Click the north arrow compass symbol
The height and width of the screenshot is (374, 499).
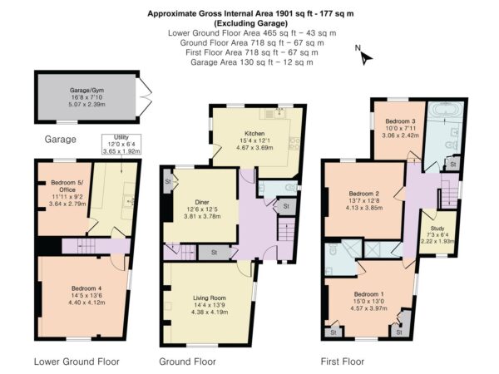(x=364, y=56)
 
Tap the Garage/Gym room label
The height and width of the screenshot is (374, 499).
(x=86, y=97)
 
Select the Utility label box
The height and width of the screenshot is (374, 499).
(x=121, y=145)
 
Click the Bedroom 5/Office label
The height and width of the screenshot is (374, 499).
(x=67, y=194)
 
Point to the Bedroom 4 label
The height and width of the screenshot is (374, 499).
(x=86, y=295)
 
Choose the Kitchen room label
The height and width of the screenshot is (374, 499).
(x=254, y=140)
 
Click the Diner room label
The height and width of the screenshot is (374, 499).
(x=202, y=209)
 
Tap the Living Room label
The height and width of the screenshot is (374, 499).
(x=210, y=305)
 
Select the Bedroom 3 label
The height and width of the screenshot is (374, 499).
(x=400, y=128)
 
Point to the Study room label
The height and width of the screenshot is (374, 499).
(x=437, y=234)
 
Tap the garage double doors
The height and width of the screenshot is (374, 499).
(x=144, y=97)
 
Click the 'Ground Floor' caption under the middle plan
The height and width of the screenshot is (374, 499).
(x=187, y=362)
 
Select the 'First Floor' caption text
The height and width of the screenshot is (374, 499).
(x=343, y=362)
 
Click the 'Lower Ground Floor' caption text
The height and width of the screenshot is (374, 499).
(x=77, y=362)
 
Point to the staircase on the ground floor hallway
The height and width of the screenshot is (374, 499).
(x=287, y=229)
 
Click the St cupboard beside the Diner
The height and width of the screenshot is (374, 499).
(x=168, y=181)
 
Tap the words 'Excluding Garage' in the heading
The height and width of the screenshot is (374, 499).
(x=251, y=23)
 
